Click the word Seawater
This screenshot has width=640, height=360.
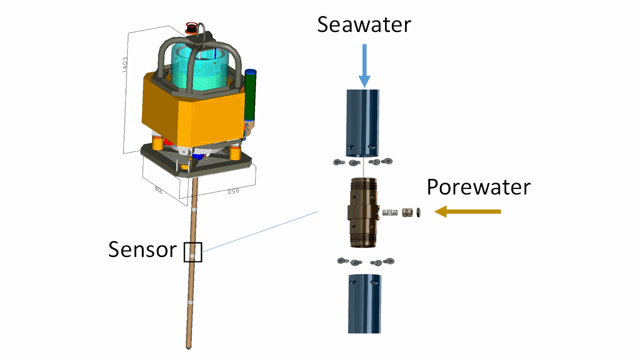pyautogui.click(x=364, y=24)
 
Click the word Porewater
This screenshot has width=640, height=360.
pyautogui.click(x=478, y=187)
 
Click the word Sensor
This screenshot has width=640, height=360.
pyautogui.click(x=142, y=249)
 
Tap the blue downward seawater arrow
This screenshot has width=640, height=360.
pyautogui.click(x=364, y=65)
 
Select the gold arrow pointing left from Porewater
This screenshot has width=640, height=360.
pyautogui.click(x=467, y=211)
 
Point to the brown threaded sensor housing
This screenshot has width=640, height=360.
pyautogui.click(x=363, y=212)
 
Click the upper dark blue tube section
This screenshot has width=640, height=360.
pyautogui.click(x=363, y=123)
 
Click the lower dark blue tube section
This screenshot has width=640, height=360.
pyautogui.click(x=364, y=304)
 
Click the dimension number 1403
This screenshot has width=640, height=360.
pyautogui.click(x=124, y=65)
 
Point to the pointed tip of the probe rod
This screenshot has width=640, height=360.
pyautogui.click(x=188, y=348)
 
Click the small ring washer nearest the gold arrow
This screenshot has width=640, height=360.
pyautogui.click(x=418, y=212)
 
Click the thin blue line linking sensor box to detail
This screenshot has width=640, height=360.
pyautogui.click(x=260, y=231)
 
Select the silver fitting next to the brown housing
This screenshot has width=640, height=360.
pyautogui.click(x=390, y=213)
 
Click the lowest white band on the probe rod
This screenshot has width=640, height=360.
pyautogui.click(x=190, y=302)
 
